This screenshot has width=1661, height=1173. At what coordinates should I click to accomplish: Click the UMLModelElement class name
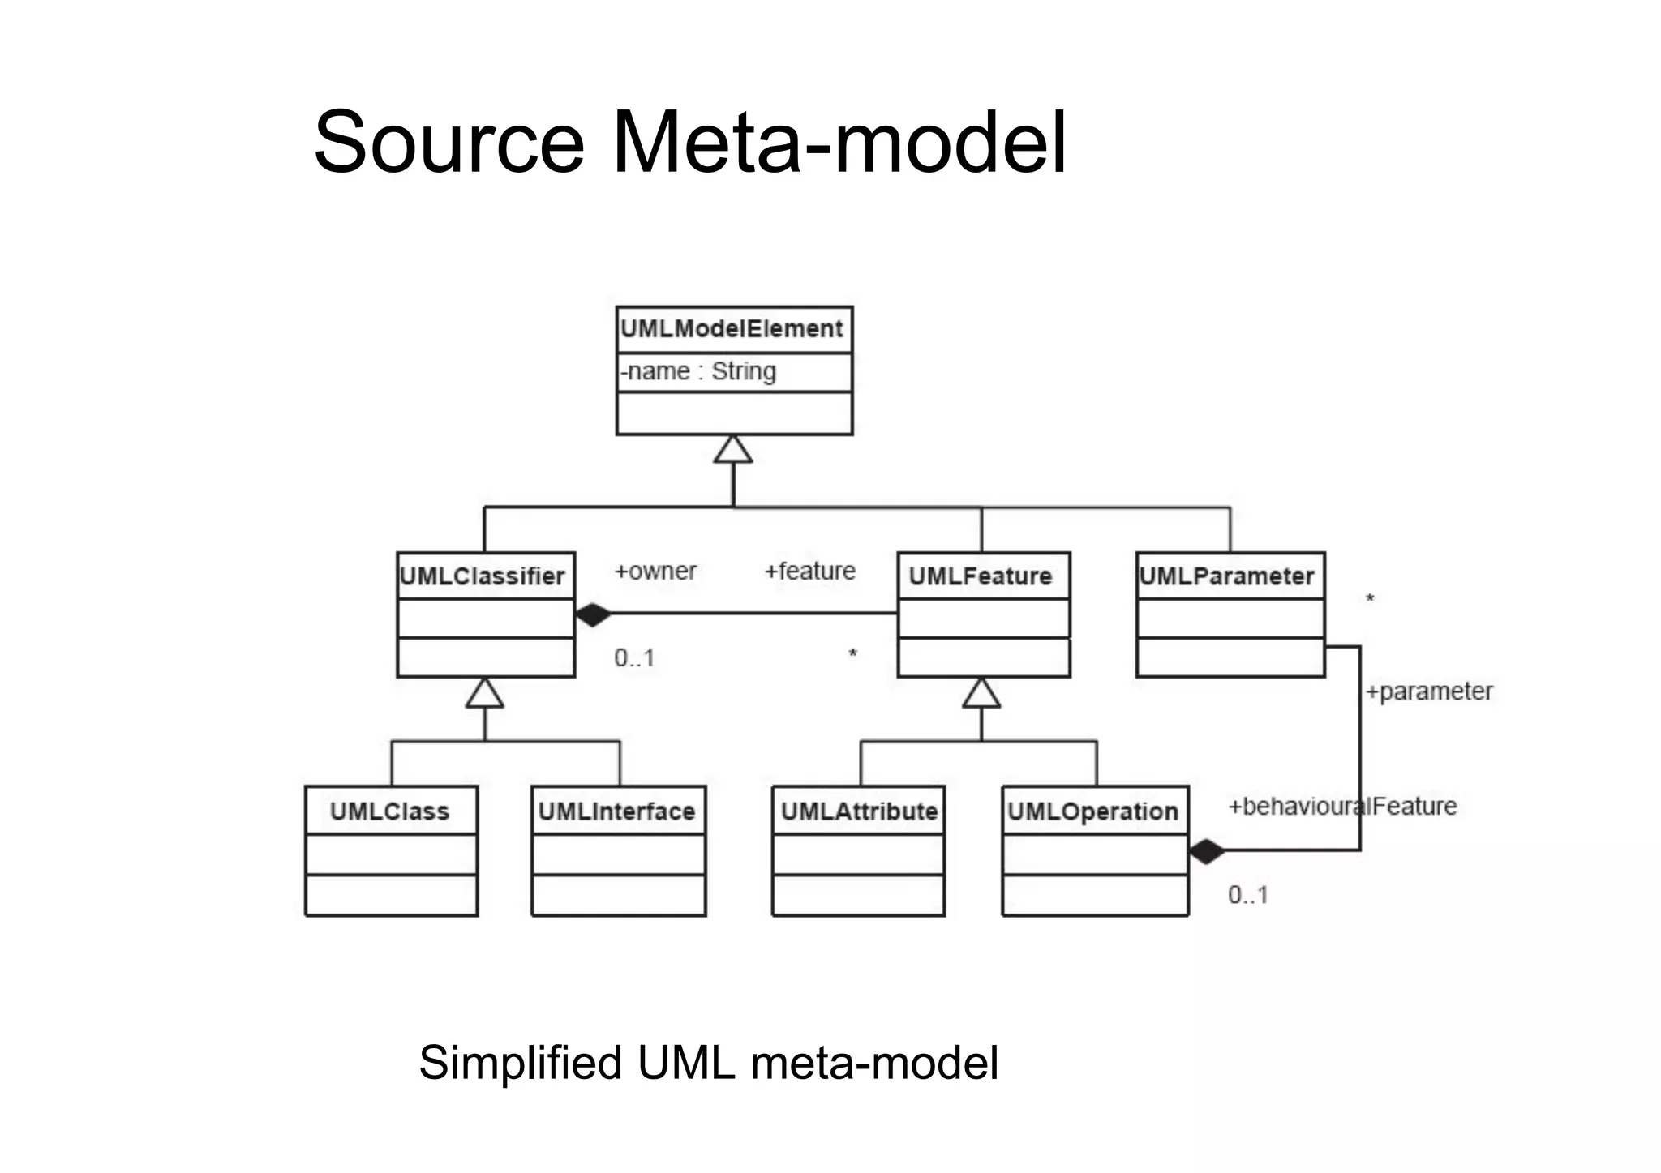point(732,329)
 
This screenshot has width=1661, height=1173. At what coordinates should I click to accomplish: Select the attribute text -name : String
point(698,371)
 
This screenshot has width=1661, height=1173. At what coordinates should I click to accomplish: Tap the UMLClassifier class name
point(483,576)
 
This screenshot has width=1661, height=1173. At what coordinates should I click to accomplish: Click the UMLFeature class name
point(980,576)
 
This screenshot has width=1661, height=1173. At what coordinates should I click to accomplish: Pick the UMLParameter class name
point(1226,576)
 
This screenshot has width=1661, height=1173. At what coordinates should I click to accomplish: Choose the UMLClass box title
point(389,811)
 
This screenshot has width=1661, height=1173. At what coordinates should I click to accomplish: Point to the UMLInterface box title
point(616,811)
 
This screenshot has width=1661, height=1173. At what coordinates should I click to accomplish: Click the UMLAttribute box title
point(859,811)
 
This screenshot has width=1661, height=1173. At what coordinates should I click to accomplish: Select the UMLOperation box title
point(1092,811)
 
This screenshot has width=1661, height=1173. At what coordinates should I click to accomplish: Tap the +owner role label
point(655,572)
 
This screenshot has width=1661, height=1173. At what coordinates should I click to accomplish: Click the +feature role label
point(809,572)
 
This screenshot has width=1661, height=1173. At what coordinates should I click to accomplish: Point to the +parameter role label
point(1429,691)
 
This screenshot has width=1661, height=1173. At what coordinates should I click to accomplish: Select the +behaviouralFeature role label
point(1342,807)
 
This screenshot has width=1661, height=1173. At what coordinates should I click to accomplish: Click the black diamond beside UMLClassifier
point(593,615)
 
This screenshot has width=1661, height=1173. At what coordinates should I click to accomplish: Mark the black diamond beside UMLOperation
point(1207,852)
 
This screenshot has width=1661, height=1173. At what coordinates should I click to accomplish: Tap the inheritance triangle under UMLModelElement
point(733,451)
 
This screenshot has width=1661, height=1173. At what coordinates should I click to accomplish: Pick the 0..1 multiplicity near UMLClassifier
point(634,657)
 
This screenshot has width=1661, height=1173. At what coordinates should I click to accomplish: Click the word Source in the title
point(449,143)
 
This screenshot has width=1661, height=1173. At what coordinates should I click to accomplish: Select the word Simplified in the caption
point(520,1063)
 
